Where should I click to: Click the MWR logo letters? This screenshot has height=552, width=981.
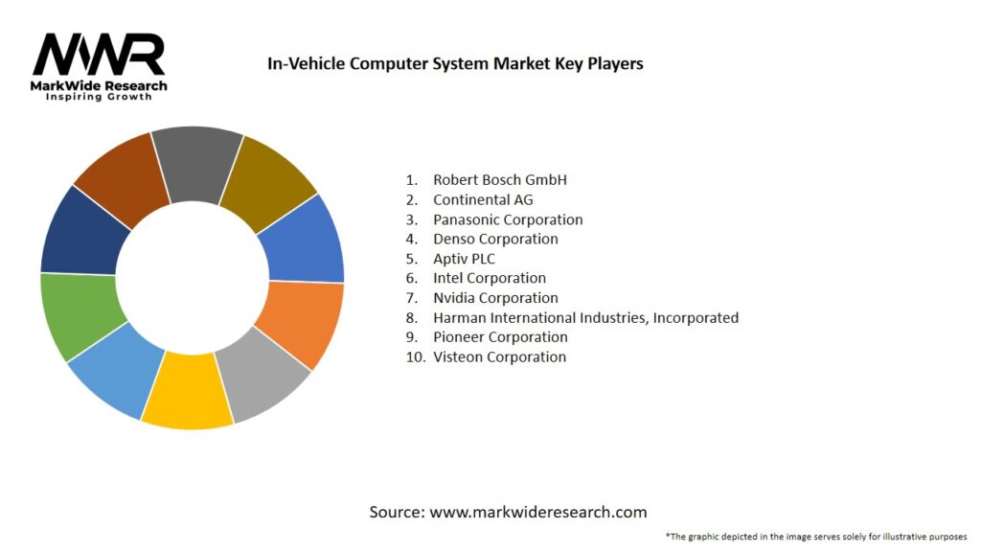pyautogui.click(x=99, y=55)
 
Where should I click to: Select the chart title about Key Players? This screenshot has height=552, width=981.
pyautogui.click(x=455, y=64)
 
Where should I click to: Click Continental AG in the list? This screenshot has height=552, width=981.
pyautogui.click(x=483, y=199)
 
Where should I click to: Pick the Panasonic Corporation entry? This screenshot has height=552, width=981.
pyautogui.click(x=508, y=219)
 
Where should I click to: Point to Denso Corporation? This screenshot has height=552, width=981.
pyautogui.click(x=495, y=239)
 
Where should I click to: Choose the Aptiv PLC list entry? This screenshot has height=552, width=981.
pyautogui.click(x=464, y=259)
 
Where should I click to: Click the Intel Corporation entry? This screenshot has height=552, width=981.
pyautogui.click(x=489, y=278)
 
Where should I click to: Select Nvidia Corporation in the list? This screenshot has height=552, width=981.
pyautogui.click(x=495, y=298)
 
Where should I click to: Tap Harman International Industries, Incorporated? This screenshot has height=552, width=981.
pyautogui.click(x=585, y=317)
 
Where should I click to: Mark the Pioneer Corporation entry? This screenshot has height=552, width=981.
pyautogui.click(x=500, y=337)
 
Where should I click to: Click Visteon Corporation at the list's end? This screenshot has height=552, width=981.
pyautogui.click(x=499, y=356)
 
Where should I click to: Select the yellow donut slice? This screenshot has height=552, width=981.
pyautogui.click(x=189, y=390)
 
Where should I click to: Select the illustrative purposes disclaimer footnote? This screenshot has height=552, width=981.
pyautogui.click(x=815, y=537)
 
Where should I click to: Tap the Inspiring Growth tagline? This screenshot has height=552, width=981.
pyautogui.click(x=99, y=98)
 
